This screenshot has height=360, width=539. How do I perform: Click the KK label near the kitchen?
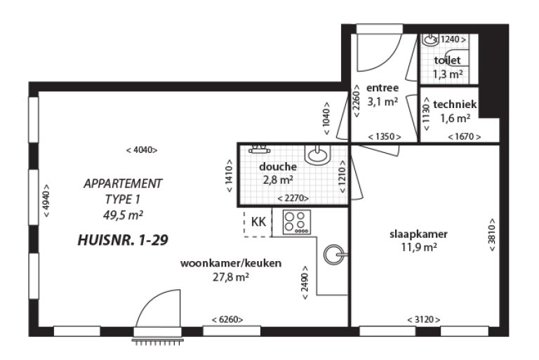point(258,222)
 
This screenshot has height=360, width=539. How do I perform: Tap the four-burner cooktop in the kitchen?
point(297,222)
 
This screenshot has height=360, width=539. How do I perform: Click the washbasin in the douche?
point(318,154)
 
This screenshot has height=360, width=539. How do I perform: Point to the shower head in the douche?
point(259,149)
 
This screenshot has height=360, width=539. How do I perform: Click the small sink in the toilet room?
point(430,39)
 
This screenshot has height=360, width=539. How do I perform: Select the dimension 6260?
point(227,319)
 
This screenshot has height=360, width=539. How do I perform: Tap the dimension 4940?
point(46,201)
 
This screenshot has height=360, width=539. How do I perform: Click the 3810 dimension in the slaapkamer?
point(492,234)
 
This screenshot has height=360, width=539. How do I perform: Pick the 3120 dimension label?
point(423,319)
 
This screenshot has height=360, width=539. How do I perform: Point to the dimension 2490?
point(305,283)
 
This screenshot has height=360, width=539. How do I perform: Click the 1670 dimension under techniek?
point(465,137)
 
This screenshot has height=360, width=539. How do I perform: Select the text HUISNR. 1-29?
point(123,240)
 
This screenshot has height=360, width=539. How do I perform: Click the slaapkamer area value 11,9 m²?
point(419,247)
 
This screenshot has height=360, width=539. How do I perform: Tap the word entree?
point(382,88)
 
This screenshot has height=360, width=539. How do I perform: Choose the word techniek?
point(455,104)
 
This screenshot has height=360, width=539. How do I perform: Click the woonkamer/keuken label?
point(231,263)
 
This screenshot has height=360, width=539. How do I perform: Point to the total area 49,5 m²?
point(123,215)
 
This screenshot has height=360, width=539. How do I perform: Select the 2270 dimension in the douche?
point(293,198)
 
